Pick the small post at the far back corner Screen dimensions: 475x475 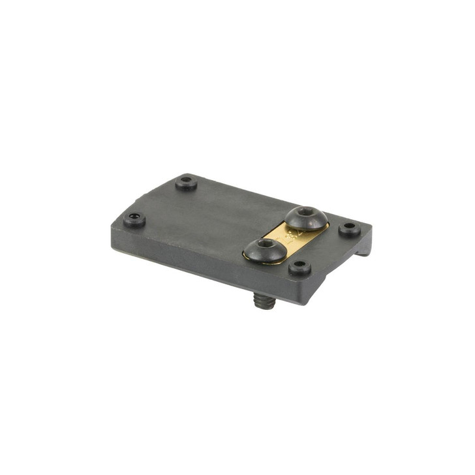click(x=187, y=182)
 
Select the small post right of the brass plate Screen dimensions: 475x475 click(x=350, y=229)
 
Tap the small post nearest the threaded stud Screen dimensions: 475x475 click(x=299, y=266)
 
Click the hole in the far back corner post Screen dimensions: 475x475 click(x=187, y=180)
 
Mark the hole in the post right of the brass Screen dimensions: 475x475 click(x=350, y=228)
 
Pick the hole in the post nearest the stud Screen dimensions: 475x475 click(x=299, y=265)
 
